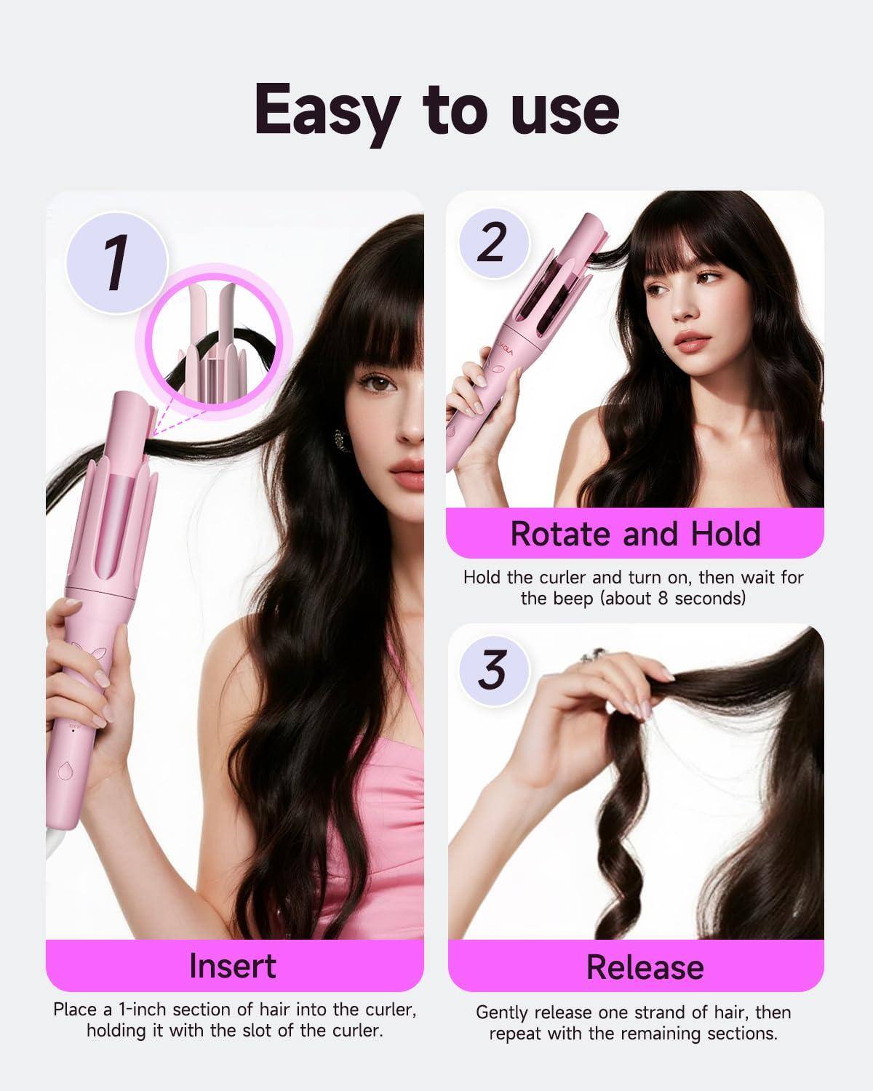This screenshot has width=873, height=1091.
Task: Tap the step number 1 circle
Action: click(x=116, y=263)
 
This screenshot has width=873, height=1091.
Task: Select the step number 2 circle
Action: click(x=492, y=242)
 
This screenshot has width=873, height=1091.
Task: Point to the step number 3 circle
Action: click(x=492, y=669)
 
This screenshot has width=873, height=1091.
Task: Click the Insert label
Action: click(x=233, y=966)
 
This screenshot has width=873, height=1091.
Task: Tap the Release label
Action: click(x=645, y=967)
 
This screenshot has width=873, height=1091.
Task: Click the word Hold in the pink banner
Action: click(x=723, y=533)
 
